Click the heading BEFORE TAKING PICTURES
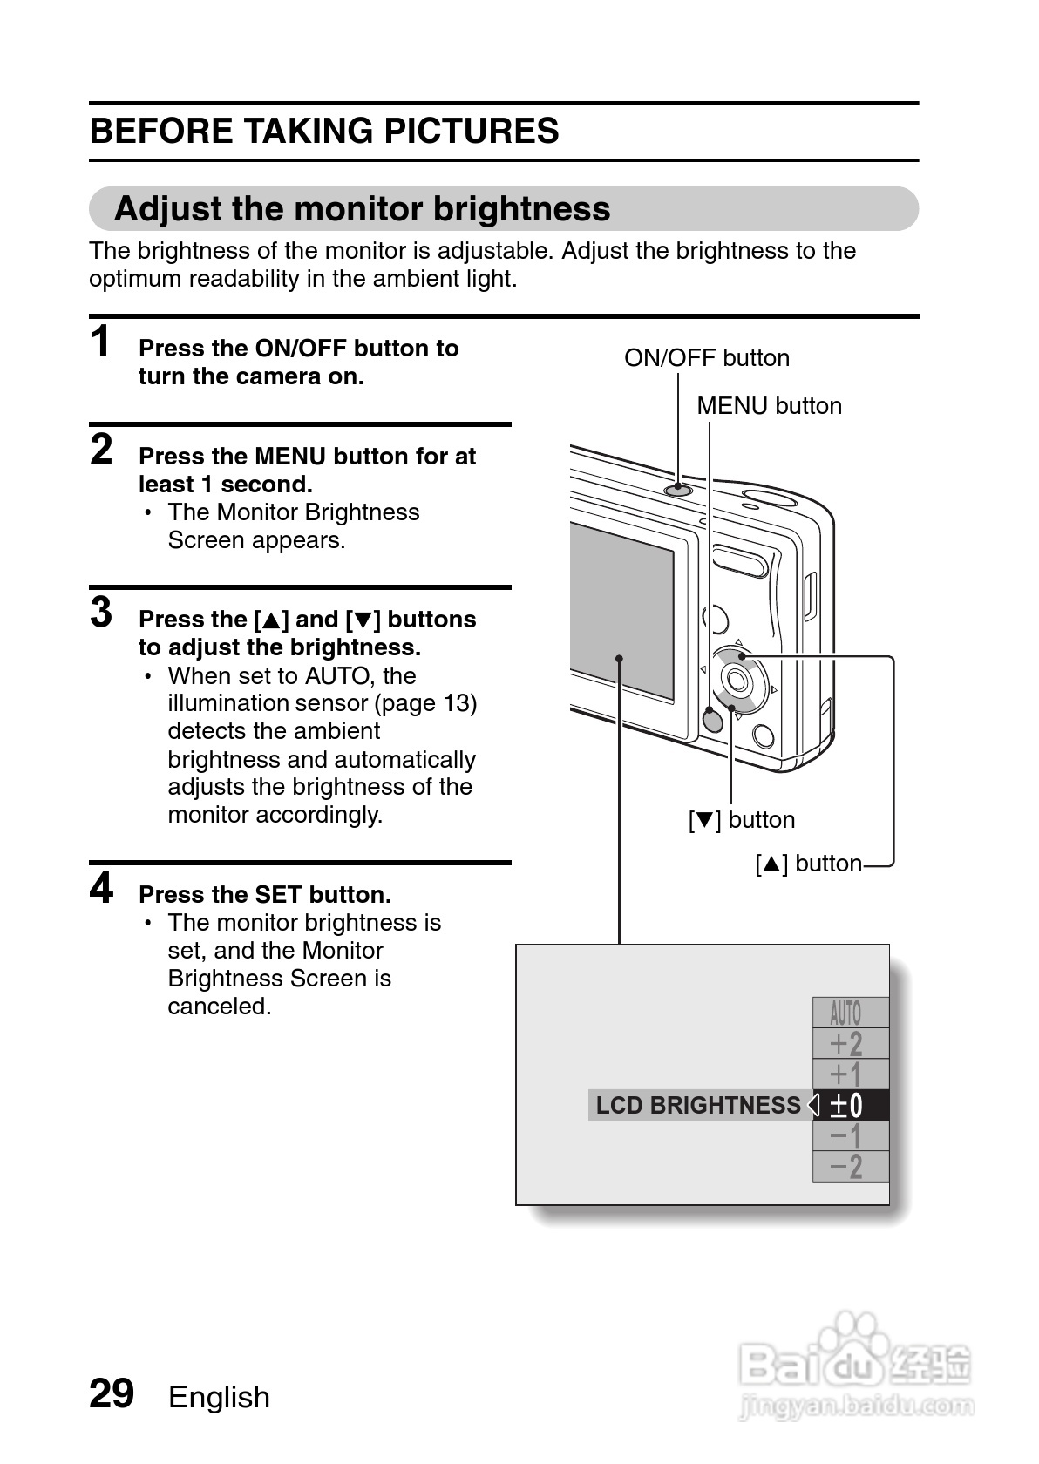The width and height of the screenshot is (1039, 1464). point(324,132)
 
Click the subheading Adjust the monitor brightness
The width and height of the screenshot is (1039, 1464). point(363,209)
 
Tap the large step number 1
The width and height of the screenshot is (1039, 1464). point(102,342)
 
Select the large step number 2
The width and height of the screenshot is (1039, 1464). point(102,450)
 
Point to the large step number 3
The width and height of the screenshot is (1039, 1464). point(102,613)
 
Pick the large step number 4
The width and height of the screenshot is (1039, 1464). point(102,888)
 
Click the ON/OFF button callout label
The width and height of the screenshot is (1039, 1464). point(707,358)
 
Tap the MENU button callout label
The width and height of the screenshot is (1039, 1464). point(769,406)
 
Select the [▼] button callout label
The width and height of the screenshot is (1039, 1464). point(742,820)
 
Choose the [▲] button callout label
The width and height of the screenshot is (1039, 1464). point(808,864)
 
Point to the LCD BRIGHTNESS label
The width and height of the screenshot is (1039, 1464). point(697,1105)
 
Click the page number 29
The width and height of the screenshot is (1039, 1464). point(112,1393)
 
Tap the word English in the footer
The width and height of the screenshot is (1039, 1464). point(219,1397)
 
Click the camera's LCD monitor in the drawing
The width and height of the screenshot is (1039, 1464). point(622,610)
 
